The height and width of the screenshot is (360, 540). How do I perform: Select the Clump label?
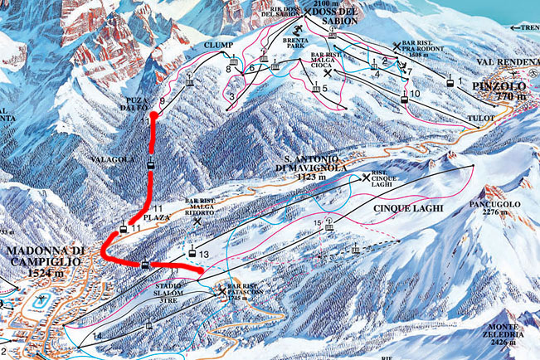235,46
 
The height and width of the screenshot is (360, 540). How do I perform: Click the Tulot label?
483,119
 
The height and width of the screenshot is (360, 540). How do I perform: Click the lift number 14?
97,335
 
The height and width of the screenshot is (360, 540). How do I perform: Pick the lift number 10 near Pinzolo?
416,95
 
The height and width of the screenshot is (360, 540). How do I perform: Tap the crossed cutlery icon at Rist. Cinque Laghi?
367,178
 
